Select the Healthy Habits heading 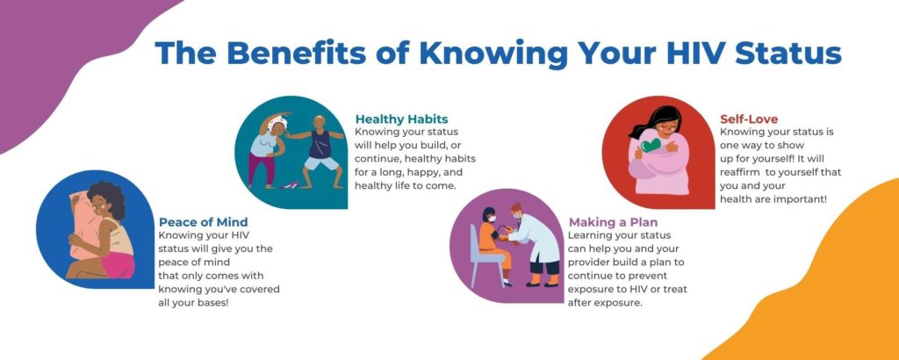coord(401,119)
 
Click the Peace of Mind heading coord(203,222)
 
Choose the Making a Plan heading coord(613,222)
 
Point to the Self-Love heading coord(748,119)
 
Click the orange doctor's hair coord(517,209)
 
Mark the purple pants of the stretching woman coord(263,167)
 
